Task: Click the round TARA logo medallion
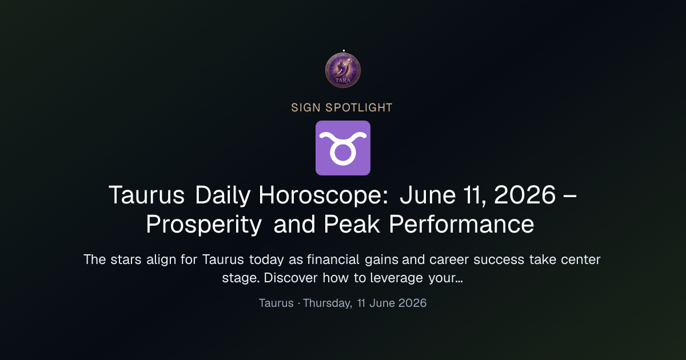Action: tap(343, 70)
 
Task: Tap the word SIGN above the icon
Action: tap(306, 108)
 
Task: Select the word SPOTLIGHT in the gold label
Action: tap(359, 108)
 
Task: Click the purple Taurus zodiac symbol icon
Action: tap(343, 148)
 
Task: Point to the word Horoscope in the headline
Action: tap(324, 195)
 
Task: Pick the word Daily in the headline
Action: tap(222, 195)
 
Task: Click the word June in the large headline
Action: tap(428, 195)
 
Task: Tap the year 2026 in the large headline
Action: tap(525, 195)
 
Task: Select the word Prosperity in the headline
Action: tap(204, 225)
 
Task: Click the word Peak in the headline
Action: tap(352, 225)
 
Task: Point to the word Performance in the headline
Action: tap(461, 225)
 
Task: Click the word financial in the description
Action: tap(333, 259)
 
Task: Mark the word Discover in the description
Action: tap(290, 278)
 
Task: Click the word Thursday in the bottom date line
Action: tap(328, 303)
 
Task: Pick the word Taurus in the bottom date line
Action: tap(276, 303)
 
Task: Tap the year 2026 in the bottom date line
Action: tap(412, 303)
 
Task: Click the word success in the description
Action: tap(499, 259)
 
